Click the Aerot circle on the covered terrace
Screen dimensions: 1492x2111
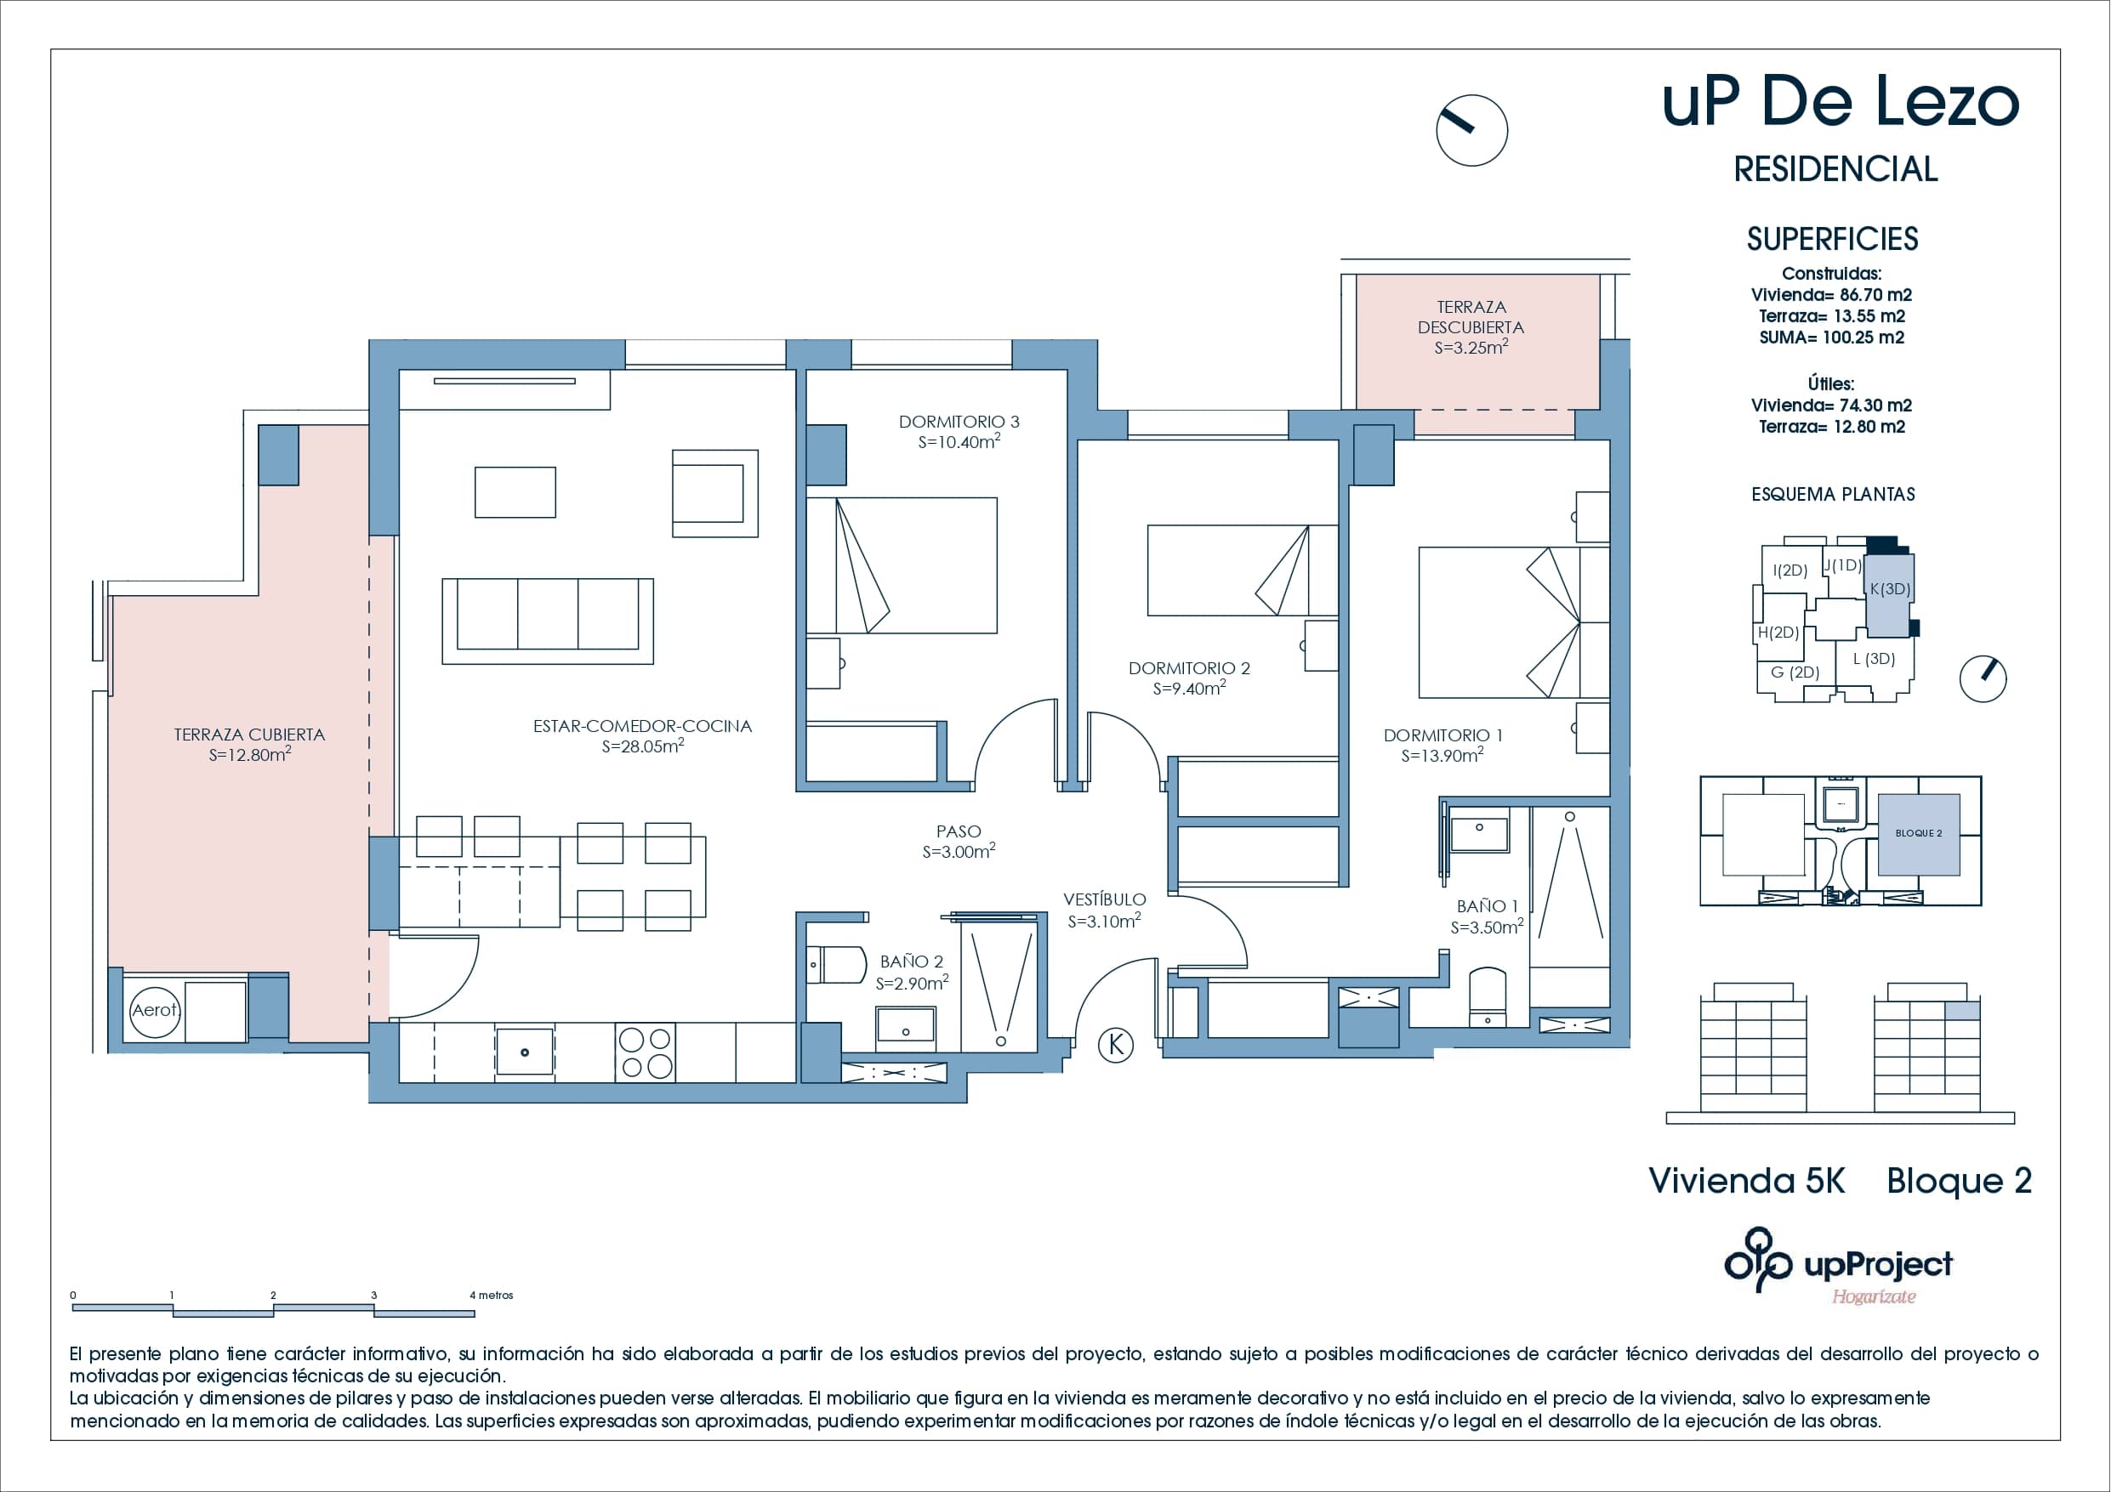tap(155, 1010)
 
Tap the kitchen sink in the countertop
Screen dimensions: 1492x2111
tap(524, 1052)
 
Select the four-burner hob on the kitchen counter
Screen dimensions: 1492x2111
tap(646, 1052)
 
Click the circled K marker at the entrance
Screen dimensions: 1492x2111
tap(1116, 1045)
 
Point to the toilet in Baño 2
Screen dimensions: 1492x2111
tap(837, 965)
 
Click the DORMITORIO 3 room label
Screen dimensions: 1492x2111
tap(959, 422)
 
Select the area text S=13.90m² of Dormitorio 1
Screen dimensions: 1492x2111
tap(1442, 756)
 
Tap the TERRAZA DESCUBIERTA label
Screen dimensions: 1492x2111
tap(1471, 317)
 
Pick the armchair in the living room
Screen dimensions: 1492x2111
tap(714, 494)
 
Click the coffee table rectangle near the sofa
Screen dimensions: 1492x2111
tap(515, 493)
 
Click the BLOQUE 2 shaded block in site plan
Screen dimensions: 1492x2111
tap(1918, 834)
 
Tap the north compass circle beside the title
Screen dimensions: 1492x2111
tap(1471, 131)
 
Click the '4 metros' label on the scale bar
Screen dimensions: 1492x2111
tap(492, 1296)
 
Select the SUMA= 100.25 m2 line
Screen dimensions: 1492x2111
tap(1831, 338)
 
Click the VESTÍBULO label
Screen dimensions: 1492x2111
tap(1104, 900)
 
